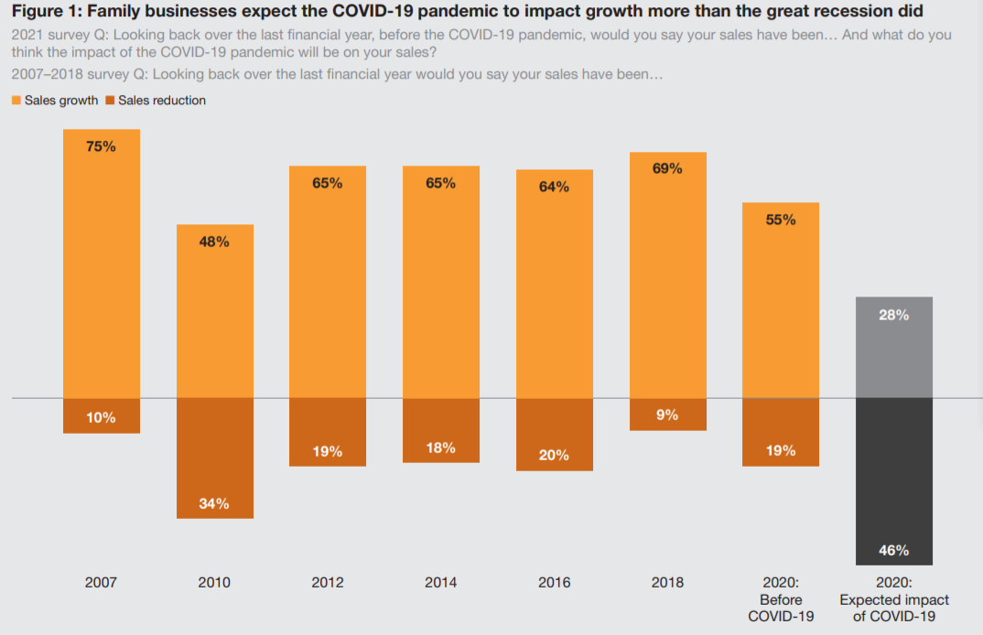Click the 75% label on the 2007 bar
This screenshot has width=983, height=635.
click(101, 146)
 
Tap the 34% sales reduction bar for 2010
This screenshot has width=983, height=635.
click(214, 457)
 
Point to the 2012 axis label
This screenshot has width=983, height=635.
click(328, 582)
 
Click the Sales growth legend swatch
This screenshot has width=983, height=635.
click(16, 101)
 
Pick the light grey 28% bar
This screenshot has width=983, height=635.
click(893, 348)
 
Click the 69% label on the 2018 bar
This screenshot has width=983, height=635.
click(667, 169)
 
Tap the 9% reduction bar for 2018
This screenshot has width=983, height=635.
click(667, 414)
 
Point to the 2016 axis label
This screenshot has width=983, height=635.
click(554, 582)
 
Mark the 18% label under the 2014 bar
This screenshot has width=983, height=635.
click(440, 447)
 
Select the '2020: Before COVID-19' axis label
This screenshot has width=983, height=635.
click(781, 599)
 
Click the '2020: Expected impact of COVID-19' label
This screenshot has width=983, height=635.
click(894, 599)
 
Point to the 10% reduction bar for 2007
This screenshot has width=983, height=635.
click(101, 416)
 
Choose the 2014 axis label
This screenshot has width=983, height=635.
click(440, 582)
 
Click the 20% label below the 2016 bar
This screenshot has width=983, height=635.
click(554, 455)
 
